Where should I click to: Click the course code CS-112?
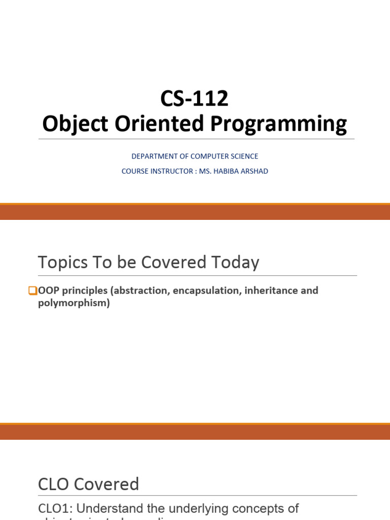coord(194,99)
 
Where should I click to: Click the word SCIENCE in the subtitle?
coord(243,156)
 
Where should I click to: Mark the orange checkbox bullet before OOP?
coord(32,291)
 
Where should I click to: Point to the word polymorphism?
coord(72,304)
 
